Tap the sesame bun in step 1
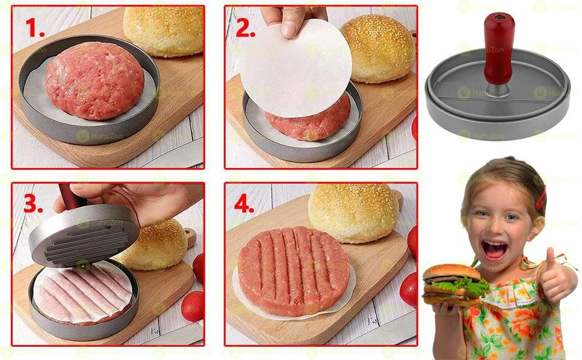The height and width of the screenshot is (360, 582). (x=163, y=30)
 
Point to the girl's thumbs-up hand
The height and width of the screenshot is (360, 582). (x=555, y=276)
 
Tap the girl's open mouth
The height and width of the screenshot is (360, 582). (x=493, y=249)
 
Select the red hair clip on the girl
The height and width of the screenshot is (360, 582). (x=542, y=197)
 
